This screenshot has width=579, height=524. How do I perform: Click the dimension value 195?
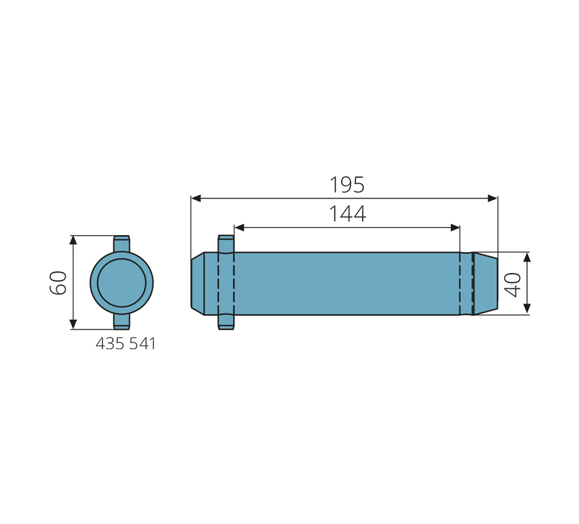click(347, 185)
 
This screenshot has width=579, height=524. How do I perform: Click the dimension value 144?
click(347, 214)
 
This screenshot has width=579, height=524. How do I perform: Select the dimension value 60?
click(58, 283)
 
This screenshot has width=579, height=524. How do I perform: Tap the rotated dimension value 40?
click(513, 285)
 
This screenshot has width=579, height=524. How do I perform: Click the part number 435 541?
click(126, 344)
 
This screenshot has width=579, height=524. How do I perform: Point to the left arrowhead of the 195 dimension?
click(196, 198)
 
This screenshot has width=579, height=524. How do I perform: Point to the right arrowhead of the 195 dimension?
click(492, 198)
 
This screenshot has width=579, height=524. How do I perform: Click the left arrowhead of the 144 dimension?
click(240, 227)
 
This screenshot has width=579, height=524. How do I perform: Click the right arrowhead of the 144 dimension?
click(455, 227)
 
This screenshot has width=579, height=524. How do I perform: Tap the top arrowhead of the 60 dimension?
click(73, 240)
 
